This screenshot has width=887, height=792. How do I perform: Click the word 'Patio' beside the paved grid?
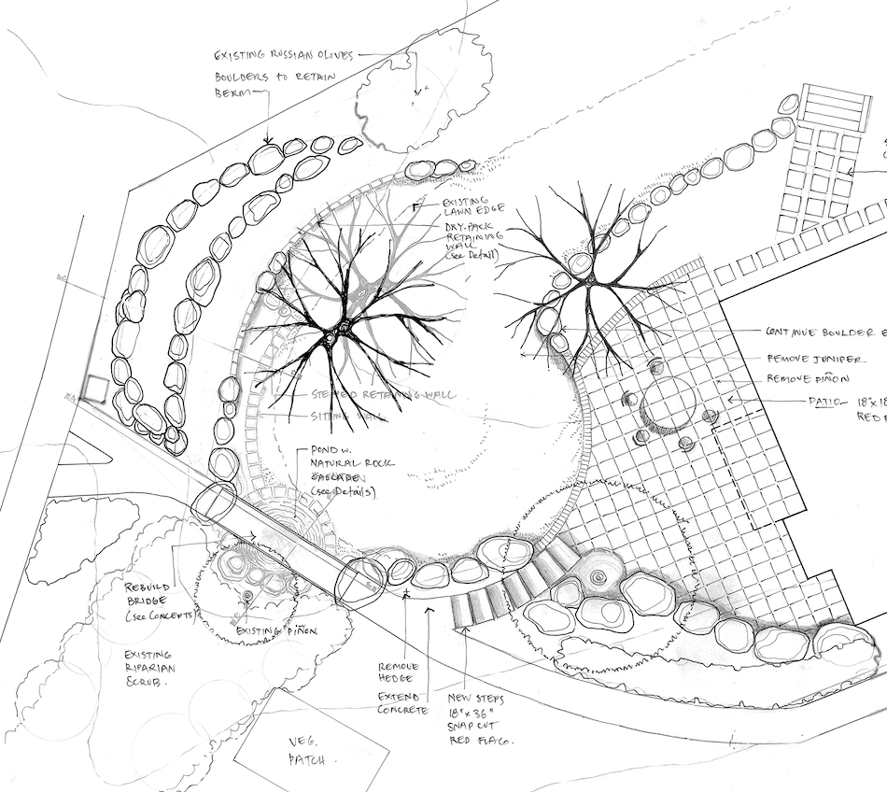[801, 401]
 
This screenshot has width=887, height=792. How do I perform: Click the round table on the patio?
[664, 406]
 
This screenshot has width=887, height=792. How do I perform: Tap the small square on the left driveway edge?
[92, 389]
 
